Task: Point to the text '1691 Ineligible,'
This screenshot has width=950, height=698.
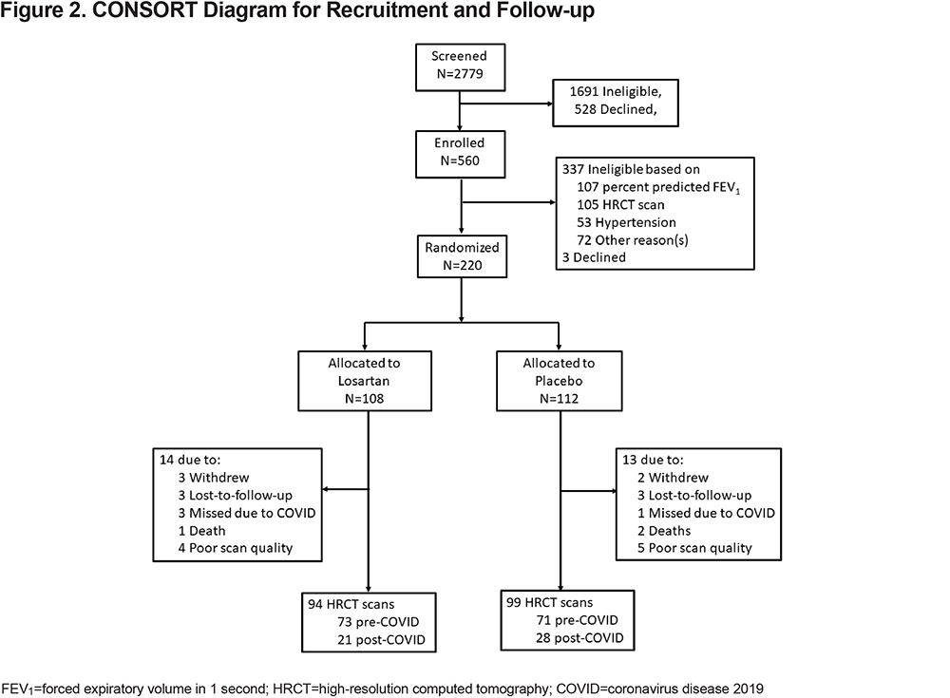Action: (616, 91)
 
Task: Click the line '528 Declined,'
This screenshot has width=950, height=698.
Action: (616, 109)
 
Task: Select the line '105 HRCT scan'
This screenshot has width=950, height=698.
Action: (620, 205)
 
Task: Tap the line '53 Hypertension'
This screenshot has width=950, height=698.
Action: (626, 222)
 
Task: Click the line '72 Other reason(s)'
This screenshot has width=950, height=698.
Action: (633, 240)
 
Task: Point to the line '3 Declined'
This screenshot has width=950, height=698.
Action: (594, 257)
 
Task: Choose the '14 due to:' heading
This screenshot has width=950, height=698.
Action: (190, 460)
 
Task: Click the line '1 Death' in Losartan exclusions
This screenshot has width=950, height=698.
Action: (201, 531)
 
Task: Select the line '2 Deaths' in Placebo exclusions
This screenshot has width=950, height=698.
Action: (664, 531)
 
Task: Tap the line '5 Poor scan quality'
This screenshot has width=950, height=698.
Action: (694, 548)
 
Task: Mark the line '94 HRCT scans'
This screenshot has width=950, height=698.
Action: (351, 604)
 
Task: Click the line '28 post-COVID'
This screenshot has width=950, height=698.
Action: (579, 638)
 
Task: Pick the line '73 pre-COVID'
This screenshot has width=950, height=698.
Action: (379, 622)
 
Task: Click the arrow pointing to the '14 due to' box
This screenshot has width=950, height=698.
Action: (346, 489)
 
